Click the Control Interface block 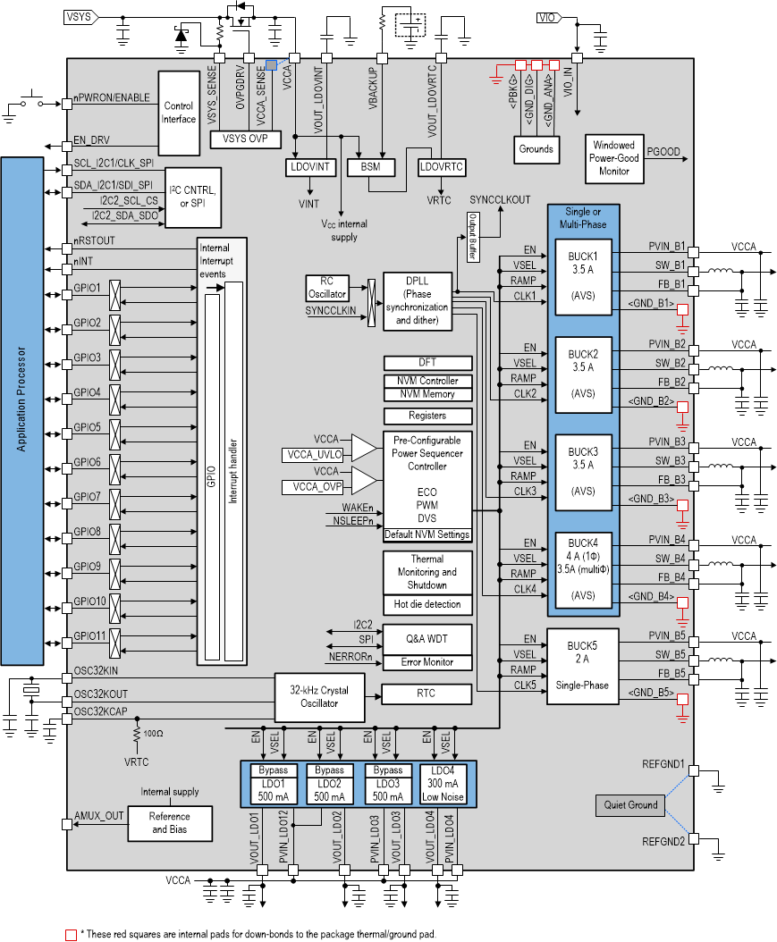[179, 113]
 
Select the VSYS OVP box [245, 139]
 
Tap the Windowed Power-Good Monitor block [613, 158]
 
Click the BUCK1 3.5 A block [582, 276]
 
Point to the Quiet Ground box [630, 804]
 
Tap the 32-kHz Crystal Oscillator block [320, 696]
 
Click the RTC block [427, 694]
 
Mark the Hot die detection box [427, 605]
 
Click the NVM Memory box [427, 394]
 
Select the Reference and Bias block [169, 822]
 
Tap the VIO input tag [550, 17]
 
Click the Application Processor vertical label [34, 410]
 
